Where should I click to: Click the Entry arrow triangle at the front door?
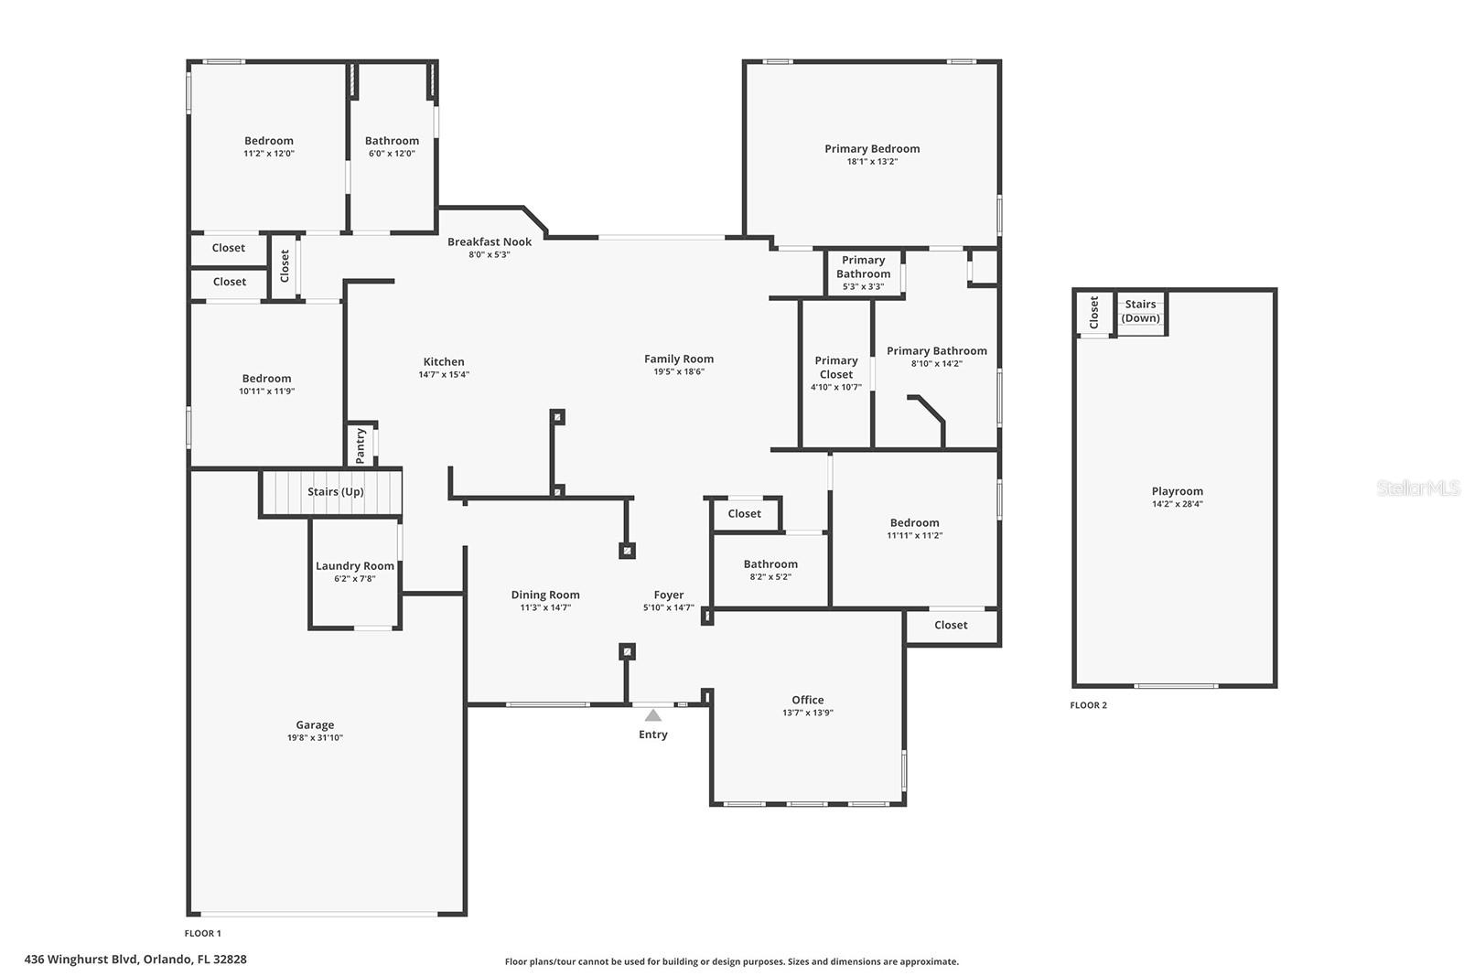(x=653, y=715)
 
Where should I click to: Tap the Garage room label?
(x=315, y=724)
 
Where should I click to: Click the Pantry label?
(x=361, y=445)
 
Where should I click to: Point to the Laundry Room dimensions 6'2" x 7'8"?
(x=355, y=579)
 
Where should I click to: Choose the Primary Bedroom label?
(x=872, y=149)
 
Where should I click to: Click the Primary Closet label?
(x=836, y=367)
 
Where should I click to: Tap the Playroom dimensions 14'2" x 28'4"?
(x=1177, y=504)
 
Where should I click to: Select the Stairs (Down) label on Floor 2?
(x=1140, y=311)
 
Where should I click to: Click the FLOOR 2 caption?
(x=1088, y=705)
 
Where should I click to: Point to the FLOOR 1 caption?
(x=202, y=933)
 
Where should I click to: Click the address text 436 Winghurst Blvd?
(x=81, y=959)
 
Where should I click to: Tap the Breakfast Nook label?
(x=490, y=241)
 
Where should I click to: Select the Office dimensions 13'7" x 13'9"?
(x=808, y=713)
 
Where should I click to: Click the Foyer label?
(x=669, y=595)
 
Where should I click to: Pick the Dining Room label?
(x=545, y=595)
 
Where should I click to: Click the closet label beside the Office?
(x=951, y=625)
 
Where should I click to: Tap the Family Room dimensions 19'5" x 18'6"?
(x=679, y=371)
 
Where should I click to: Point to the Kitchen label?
(x=444, y=362)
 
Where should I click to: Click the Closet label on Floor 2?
(x=1094, y=312)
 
